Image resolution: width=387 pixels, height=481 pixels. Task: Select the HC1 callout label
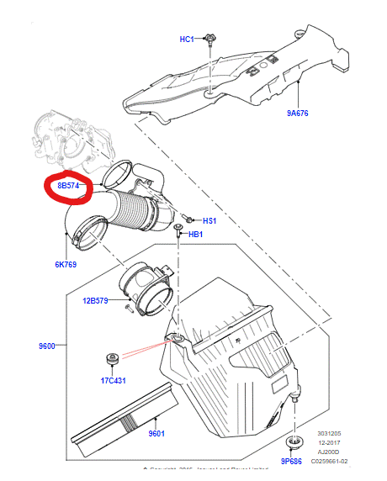click(186, 40)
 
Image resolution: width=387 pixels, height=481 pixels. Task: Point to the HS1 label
click(209, 220)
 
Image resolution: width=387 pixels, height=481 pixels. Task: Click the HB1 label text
click(195, 235)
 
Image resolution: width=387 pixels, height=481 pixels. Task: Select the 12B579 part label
click(95, 300)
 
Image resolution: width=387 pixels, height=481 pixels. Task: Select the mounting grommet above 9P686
click(294, 442)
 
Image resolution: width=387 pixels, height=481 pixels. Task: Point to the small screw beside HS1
click(191, 217)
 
